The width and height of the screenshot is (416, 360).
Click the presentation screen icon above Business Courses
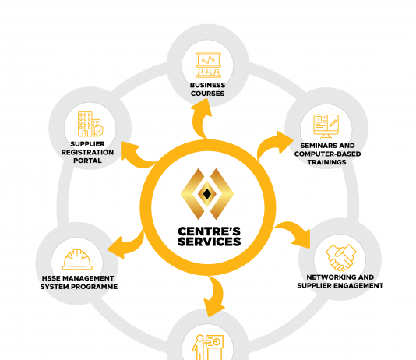(x=209, y=65)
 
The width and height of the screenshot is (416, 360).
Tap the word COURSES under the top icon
(x=208, y=94)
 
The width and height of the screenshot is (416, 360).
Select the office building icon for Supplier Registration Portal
(x=90, y=124)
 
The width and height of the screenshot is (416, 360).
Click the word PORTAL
(x=87, y=161)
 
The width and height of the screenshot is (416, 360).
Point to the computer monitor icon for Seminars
(x=326, y=127)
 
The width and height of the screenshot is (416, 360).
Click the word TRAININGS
(x=327, y=162)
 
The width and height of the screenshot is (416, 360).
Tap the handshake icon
(x=341, y=257)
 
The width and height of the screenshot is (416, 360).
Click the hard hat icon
(x=77, y=259)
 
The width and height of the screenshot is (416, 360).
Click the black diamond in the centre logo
(x=207, y=194)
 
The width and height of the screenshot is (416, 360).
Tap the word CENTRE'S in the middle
(x=210, y=231)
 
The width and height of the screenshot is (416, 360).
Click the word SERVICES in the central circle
(x=210, y=242)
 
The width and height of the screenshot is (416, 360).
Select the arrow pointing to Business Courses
(x=199, y=119)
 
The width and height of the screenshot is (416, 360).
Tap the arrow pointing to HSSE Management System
(x=127, y=244)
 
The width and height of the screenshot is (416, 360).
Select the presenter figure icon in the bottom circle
(x=208, y=347)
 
